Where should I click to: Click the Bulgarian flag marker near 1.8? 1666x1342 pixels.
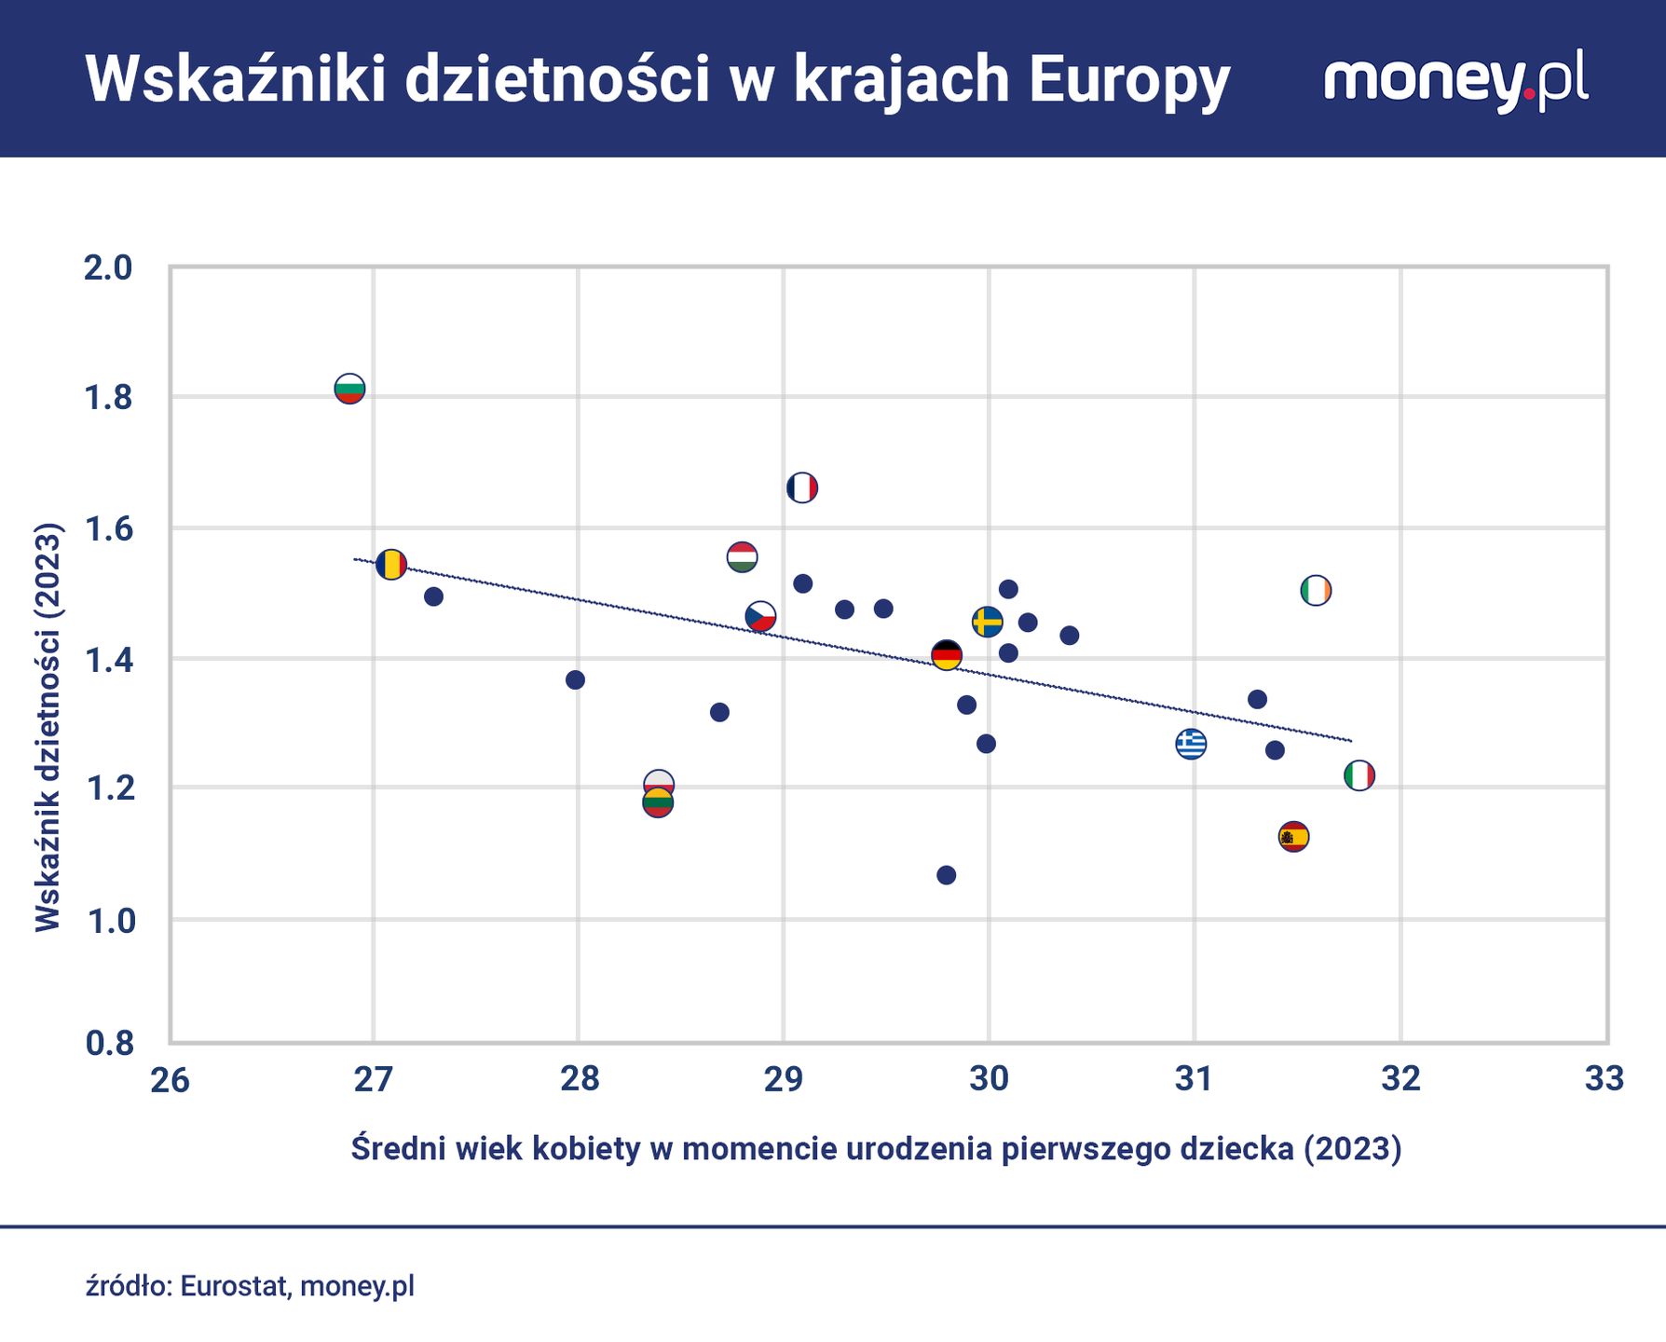(349, 388)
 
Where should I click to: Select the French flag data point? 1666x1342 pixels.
(801, 487)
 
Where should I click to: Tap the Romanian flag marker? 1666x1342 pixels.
(391, 564)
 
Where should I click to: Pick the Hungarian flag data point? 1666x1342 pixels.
(742, 557)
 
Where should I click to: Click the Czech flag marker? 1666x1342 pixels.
(760, 617)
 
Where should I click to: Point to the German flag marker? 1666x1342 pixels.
(946, 655)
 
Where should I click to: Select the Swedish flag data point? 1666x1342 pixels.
(987, 622)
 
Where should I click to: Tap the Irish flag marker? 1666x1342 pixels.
(1315, 590)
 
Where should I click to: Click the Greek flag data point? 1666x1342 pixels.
(1191, 744)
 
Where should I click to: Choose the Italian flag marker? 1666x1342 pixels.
(1359, 775)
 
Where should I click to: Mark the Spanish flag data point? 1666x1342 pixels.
(1293, 836)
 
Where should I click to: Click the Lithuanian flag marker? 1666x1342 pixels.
(658, 803)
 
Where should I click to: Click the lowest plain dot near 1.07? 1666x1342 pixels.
(946, 875)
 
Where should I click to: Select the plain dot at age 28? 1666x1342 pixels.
(575, 679)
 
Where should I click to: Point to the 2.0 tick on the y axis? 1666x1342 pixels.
(108, 268)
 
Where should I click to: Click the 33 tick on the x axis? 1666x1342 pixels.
(1604, 1079)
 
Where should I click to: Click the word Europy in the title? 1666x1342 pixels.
(1129, 80)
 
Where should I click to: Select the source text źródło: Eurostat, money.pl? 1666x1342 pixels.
(250, 1286)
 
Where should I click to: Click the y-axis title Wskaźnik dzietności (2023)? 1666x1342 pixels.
(48, 727)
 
